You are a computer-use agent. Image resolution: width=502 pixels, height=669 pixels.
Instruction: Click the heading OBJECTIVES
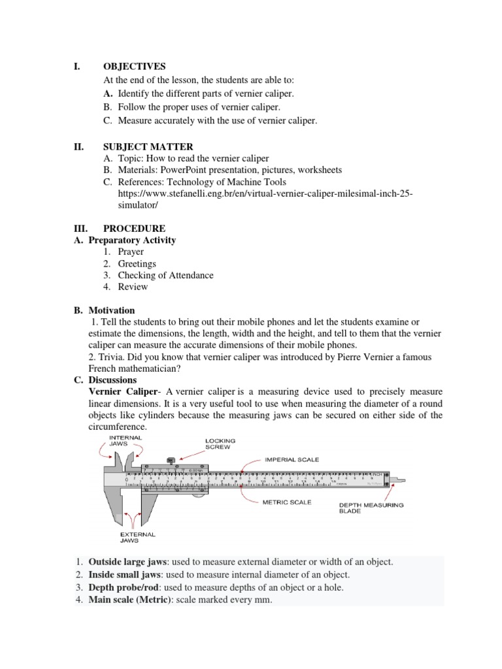(x=134, y=67)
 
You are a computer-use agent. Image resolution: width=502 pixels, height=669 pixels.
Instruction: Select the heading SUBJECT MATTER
(x=148, y=147)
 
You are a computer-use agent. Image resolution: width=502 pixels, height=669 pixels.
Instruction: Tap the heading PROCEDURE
(x=134, y=229)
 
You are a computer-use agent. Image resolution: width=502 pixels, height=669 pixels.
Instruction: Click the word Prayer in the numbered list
(x=131, y=252)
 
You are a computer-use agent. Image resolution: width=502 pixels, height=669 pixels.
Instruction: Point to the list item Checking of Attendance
(x=165, y=276)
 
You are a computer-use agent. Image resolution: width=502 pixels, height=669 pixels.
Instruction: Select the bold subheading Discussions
(x=112, y=380)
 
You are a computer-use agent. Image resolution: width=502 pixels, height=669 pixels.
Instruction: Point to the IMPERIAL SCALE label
(x=292, y=460)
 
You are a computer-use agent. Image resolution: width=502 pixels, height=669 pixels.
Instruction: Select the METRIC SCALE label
(x=286, y=502)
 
